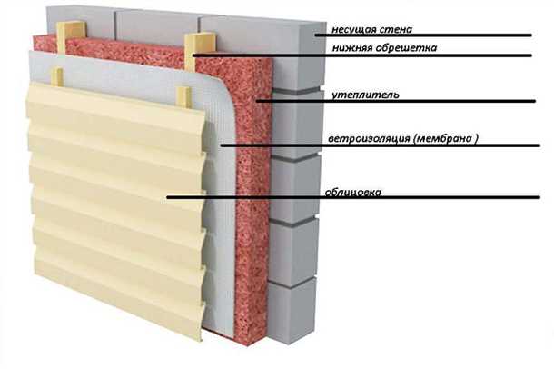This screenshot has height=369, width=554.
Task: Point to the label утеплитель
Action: pos(356,94)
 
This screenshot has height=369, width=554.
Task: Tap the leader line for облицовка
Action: pos(272,197)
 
